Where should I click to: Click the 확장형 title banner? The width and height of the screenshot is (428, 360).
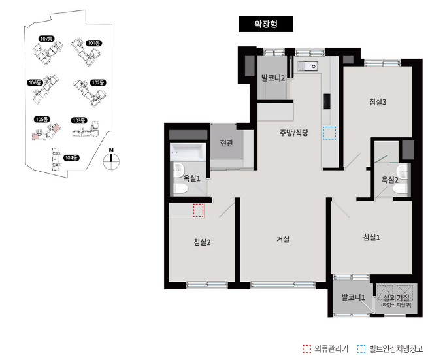pos(265,24)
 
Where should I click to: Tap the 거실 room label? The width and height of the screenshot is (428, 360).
pos(283,239)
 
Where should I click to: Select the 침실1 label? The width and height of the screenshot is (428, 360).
pos(371,237)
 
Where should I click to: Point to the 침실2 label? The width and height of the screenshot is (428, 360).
pos(202,242)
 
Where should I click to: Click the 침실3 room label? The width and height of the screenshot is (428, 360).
pos(378,102)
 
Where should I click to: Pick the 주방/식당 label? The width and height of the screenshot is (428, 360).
pos(294,133)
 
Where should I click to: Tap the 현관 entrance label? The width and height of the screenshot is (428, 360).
pos(227,142)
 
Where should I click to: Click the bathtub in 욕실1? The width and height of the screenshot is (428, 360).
pos(188,152)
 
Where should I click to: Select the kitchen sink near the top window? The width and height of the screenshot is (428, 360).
pos(308,66)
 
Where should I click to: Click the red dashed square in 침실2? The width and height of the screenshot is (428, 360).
pos(199,210)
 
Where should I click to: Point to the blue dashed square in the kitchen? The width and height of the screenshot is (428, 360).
pos(329,133)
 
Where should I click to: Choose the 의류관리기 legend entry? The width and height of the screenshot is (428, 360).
pos(325,348)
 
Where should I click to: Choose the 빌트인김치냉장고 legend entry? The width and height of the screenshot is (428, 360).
pos(390,348)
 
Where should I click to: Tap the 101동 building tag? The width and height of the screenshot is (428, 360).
pos(94,43)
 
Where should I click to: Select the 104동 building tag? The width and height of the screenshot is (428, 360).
pos(71,157)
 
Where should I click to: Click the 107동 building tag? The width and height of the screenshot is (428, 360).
pos(46,39)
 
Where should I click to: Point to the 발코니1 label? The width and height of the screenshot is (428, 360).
pos(354,297)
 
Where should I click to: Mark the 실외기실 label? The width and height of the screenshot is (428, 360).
pos(396,297)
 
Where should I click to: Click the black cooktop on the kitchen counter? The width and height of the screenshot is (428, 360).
pos(327,101)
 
